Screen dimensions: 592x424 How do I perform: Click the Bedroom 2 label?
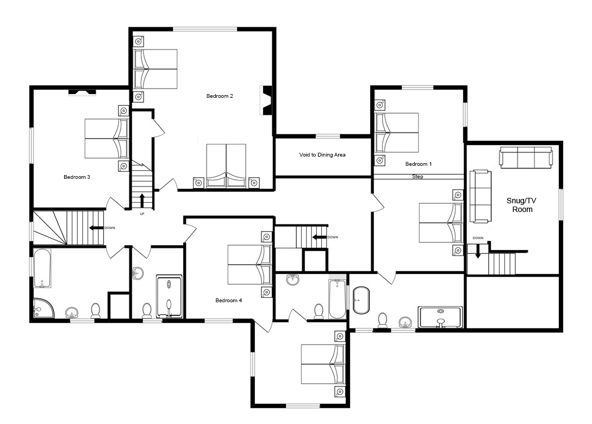tap(220, 96)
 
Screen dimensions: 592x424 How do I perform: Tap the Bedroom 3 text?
tap(77, 177)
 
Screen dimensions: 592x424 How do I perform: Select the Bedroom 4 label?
tap(228, 300)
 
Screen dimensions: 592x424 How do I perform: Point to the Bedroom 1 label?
tap(419, 164)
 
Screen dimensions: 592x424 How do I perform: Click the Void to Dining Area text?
tap(322, 154)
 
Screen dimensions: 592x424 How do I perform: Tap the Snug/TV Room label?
tap(522, 205)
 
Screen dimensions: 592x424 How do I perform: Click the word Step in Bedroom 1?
tap(417, 176)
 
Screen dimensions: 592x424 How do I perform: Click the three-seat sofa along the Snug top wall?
tap(526, 158)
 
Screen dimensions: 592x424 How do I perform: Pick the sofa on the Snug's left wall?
tap(481, 196)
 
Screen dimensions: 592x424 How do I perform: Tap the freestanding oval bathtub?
tap(361, 300)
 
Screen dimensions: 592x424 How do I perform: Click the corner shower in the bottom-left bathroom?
tap(43, 308)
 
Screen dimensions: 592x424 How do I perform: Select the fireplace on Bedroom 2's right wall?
tap(266, 101)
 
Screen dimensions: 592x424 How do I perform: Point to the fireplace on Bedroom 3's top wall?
tap(82, 92)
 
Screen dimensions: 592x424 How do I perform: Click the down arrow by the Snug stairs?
tap(478, 252)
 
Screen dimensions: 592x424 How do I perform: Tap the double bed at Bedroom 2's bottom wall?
tap(226, 166)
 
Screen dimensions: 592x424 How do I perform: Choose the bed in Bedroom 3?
tap(107, 139)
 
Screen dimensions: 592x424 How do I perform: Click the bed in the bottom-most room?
tap(323, 364)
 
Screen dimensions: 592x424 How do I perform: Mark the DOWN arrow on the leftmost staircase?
tap(96, 228)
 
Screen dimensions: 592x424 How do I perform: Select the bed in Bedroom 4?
tap(250, 265)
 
